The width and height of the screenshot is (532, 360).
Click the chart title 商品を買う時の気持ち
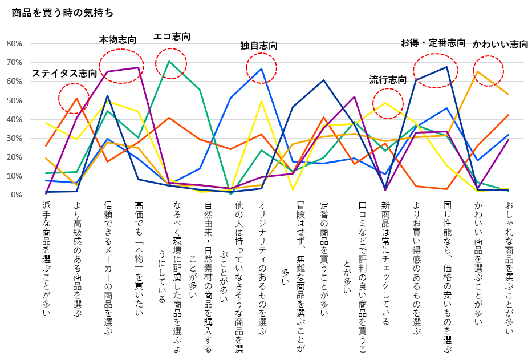point(63,12)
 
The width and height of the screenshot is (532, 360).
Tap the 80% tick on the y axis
point(14,43)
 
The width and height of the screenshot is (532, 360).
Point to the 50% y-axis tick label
point(14,100)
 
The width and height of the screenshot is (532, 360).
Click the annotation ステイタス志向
point(64,73)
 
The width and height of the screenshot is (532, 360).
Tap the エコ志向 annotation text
point(172,37)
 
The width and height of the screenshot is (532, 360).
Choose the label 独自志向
point(259,45)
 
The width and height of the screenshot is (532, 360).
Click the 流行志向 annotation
point(388,79)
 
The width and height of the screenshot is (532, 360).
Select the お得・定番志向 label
point(433,43)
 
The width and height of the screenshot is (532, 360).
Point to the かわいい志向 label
point(500,44)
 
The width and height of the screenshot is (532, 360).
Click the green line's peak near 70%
point(169,61)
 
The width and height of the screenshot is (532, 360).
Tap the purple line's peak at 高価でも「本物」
point(139,68)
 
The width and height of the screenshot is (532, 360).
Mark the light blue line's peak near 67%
point(262,68)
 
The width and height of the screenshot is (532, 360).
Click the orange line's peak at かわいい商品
point(477,72)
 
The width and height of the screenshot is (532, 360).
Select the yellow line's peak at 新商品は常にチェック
point(385,103)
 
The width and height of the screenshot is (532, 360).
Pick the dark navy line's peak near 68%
point(447,67)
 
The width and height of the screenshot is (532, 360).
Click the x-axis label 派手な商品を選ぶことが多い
point(46,257)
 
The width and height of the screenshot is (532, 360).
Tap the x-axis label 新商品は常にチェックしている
point(385,262)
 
